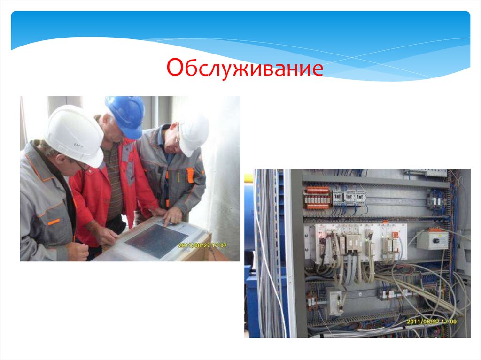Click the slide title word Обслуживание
pyautogui.click(x=245, y=69)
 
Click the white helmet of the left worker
pyautogui.click(x=75, y=133)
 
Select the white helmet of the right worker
pyautogui.click(x=194, y=133)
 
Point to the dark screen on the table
pyautogui.click(x=157, y=240)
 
